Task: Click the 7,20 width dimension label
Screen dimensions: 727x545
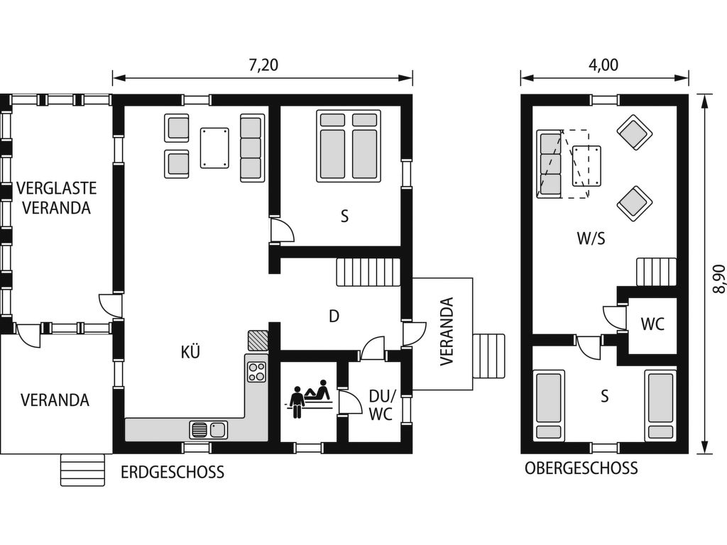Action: [x=263, y=65]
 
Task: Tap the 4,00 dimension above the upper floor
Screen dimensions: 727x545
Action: [x=603, y=65]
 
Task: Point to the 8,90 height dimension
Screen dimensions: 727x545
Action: [x=718, y=278]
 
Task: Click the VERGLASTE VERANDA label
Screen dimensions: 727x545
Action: [x=57, y=198]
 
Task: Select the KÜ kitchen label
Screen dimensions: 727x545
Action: [x=190, y=352]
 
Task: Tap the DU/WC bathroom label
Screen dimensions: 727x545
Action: [x=381, y=405]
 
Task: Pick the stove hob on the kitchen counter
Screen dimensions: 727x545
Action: [x=257, y=372]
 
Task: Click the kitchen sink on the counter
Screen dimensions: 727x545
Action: [x=208, y=429]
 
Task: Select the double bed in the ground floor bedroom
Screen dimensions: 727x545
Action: [x=349, y=146]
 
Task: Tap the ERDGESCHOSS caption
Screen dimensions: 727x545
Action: [x=173, y=472]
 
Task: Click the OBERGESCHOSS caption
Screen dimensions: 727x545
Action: [x=581, y=468]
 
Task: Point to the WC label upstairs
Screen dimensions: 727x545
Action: [x=652, y=324]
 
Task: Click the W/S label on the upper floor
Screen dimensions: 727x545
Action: [x=591, y=238]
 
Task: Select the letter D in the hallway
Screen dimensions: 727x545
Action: [x=334, y=316]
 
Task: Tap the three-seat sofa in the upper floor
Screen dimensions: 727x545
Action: [x=549, y=164]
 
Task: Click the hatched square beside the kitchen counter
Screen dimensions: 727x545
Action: [x=258, y=341]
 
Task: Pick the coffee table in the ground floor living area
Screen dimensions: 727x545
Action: [x=214, y=148]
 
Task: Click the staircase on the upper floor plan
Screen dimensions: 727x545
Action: [x=655, y=272]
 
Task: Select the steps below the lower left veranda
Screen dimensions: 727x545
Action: [x=82, y=470]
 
